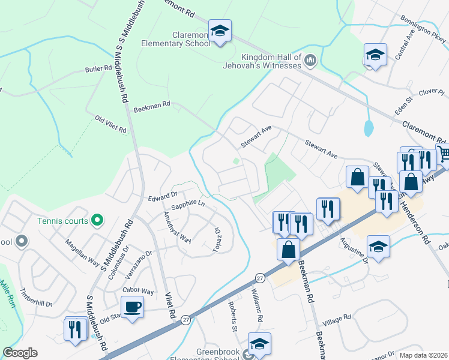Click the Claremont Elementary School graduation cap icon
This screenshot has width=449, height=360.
pyautogui.click(x=220, y=31)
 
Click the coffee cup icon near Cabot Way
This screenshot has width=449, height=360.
pyautogui.click(x=132, y=307)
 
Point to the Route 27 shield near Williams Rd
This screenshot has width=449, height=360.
pyautogui.click(x=259, y=278)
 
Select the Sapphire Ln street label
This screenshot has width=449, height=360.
pyautogui.click(x=188, y=205)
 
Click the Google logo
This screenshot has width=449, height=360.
pyautogui.click(x=20, y=353)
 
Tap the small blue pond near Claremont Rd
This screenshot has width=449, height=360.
pyautogui.click(x=369, y=127)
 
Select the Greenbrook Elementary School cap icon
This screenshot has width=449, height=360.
pyautogui.click(x=259, y=344)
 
